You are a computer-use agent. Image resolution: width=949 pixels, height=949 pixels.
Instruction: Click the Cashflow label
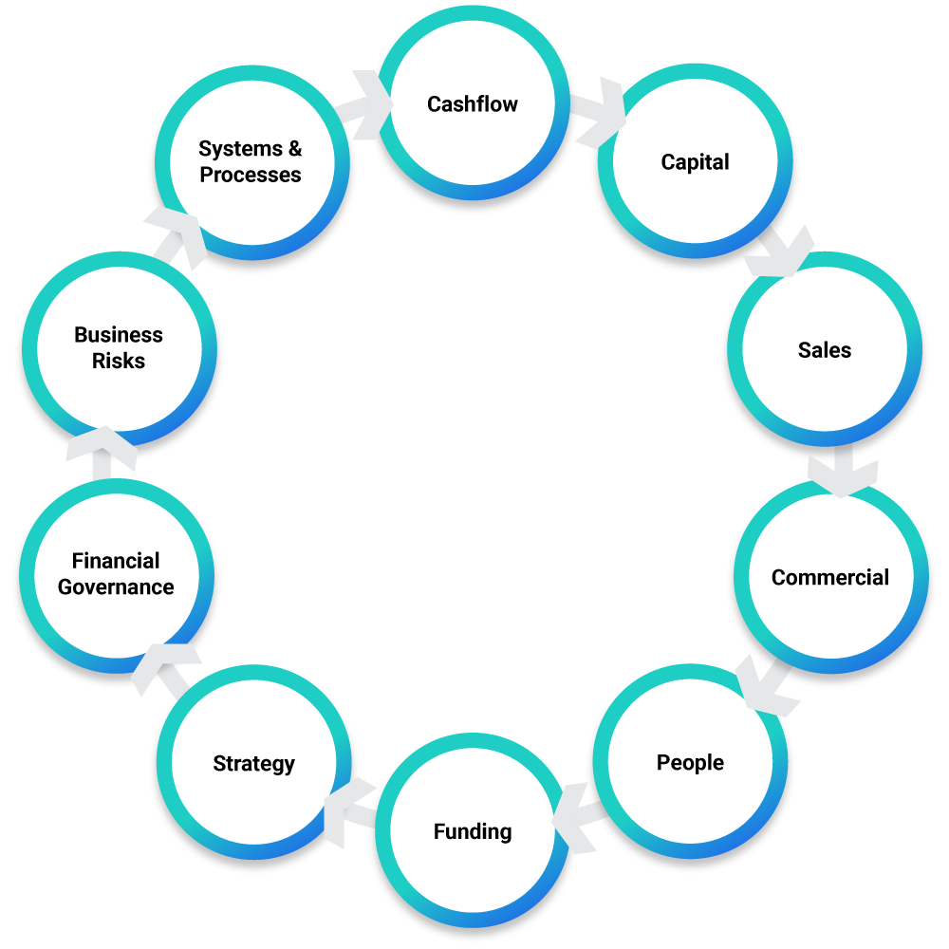pyautogui.click(x=473, y=104)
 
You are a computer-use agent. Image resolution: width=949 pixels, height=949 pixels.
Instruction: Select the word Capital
pyautogui.click(x=696, y=162)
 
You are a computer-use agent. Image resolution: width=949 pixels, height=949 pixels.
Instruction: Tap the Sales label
pyautogui.click(x=825, y=350)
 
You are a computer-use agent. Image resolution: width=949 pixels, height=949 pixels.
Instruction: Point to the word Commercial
pyautogui.click(x=830, y=578)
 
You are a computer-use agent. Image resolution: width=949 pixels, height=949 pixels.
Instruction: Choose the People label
pyautogui.click(x=690, y=763)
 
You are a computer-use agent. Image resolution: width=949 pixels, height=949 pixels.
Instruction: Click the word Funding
pyautogui.click(x=473, y=832)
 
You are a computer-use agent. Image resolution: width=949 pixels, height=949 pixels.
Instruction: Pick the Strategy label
pyautogui.click(x=253, y=764)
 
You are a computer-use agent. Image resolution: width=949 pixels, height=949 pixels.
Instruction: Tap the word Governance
pyautogui.click(x=116, y=587)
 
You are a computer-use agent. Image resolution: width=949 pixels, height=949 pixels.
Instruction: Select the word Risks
pyautogui.click(x=119, y=362)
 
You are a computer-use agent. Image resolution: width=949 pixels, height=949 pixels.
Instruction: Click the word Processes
pyautogui.click(x=251, y=176)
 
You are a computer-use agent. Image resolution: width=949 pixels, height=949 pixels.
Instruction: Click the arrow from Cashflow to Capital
pyautogui.click(x=599, y=112)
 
